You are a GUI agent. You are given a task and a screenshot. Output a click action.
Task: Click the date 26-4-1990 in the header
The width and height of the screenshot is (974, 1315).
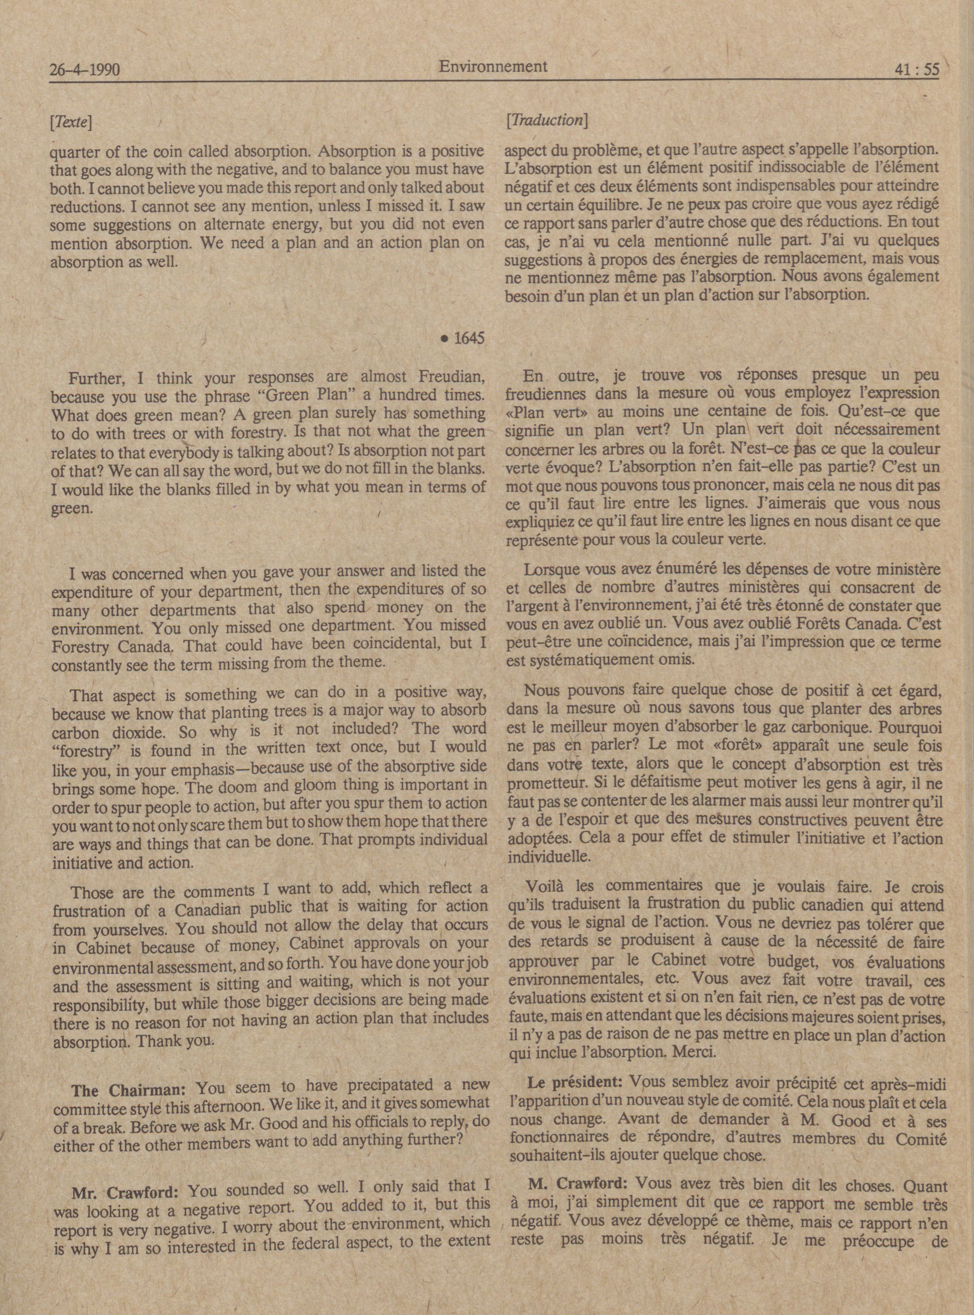tap(85, 71)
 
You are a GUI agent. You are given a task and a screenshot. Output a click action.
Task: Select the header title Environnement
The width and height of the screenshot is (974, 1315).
tap(493, 67)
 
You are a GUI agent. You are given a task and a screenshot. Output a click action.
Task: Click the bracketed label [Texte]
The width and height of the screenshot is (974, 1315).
tap(71, 122)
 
